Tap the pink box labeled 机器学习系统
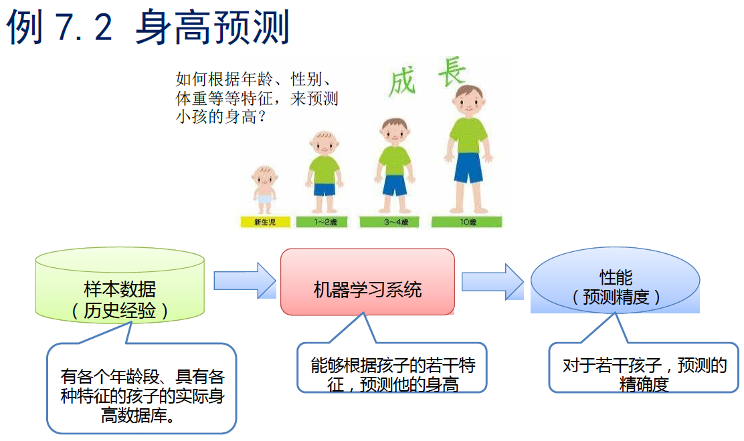click(x=367, y=283)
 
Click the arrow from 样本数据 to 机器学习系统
click(x=244, y=280)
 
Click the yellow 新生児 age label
click(x=266, y=223)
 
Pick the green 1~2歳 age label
click(x=326, y=223)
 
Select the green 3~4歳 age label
click(x=394, y=223)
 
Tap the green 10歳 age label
click(x=467, y=223)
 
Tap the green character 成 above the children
click(x=403, y=82)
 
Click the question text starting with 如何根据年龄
click(x=257, y=98)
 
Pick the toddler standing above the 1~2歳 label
click(x=325, y=167)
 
